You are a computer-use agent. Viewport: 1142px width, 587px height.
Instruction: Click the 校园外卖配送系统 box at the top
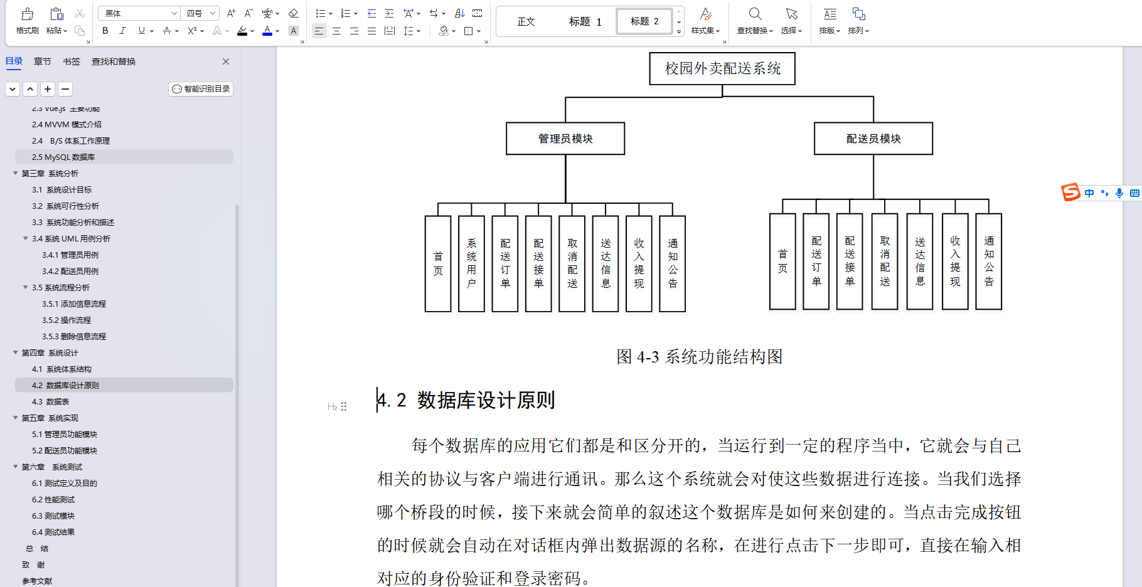click(722, 68)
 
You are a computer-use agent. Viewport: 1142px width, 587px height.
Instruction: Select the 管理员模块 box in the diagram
click(565, 139)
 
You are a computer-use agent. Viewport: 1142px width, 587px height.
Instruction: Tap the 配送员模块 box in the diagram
click(873, 139)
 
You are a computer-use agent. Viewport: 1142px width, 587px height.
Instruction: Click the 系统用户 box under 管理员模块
click(471, 263)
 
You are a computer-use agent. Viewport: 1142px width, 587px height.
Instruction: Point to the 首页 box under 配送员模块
click(782, 262)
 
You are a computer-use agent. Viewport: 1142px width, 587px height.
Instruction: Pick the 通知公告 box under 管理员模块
click(673, 263)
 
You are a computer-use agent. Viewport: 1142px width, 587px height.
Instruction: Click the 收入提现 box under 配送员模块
click(955, 262)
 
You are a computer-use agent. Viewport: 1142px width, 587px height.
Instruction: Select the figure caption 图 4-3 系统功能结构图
click(699, 357)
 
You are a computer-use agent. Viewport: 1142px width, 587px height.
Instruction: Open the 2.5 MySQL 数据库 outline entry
click(63, 157)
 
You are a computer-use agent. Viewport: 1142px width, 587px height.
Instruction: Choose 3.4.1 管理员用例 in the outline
click(70, 255)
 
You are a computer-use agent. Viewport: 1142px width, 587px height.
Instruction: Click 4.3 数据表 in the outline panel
click(50, 402)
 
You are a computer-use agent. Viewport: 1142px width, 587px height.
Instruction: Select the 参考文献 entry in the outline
click(37, 581)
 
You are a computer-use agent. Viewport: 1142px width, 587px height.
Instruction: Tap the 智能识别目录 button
click(201, 89)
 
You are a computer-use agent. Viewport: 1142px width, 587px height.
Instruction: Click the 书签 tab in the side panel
click(72, 61)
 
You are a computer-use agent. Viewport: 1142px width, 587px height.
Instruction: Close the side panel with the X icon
click(226, 61)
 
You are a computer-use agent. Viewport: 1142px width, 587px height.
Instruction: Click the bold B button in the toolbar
click(105, 31)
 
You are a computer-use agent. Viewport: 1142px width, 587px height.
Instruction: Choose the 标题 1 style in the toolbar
click(585, 22)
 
